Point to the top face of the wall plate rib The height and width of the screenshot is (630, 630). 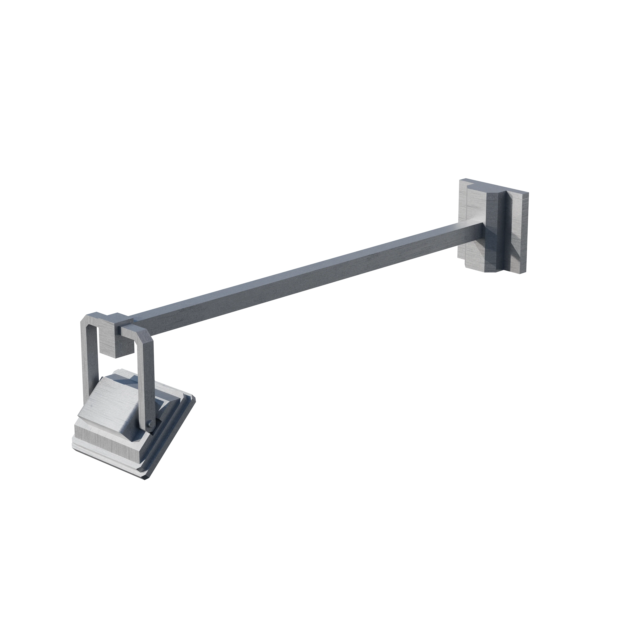(489, 189)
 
